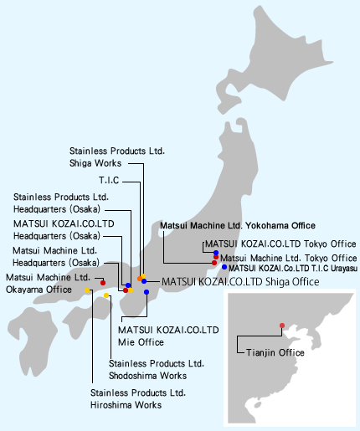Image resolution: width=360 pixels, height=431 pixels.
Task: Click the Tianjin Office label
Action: point(275,353)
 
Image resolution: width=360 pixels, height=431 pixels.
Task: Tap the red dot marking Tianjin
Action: point(282,326)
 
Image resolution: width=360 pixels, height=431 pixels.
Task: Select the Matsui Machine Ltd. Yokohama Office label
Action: point(238,225)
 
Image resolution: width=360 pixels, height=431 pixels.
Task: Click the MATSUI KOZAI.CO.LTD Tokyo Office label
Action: point(280,244)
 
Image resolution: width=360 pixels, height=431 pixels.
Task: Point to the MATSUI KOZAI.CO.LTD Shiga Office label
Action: point(240,282)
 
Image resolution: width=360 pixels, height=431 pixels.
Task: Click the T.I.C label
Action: point(109,180)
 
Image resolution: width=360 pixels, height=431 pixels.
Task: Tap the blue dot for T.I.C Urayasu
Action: point(224,267)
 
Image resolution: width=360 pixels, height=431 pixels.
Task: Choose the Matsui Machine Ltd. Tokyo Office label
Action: point(289,258)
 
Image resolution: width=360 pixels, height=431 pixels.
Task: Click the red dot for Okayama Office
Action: point(103,283)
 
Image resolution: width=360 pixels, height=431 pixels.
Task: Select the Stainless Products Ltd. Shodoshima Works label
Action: point(157,370)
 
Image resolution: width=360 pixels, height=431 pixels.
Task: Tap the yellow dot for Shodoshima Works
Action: point(106,295)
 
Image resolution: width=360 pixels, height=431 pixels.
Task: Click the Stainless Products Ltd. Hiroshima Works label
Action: point(138,399)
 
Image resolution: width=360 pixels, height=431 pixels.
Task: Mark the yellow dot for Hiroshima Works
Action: point(87,290)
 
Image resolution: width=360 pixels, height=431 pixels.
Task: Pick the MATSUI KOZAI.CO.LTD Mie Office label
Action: point(168,336)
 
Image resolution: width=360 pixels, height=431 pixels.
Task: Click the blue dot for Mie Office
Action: point(147,292)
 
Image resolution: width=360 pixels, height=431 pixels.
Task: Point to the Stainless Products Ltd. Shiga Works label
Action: point(117,157)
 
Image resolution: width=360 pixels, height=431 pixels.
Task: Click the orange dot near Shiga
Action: point(140,279)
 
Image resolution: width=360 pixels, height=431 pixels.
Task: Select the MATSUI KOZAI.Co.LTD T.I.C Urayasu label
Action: point(293,269)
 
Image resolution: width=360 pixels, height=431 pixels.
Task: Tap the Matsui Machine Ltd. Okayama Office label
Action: point(48,284)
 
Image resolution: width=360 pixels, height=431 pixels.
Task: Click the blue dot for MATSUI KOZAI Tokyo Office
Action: point(216,253)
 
